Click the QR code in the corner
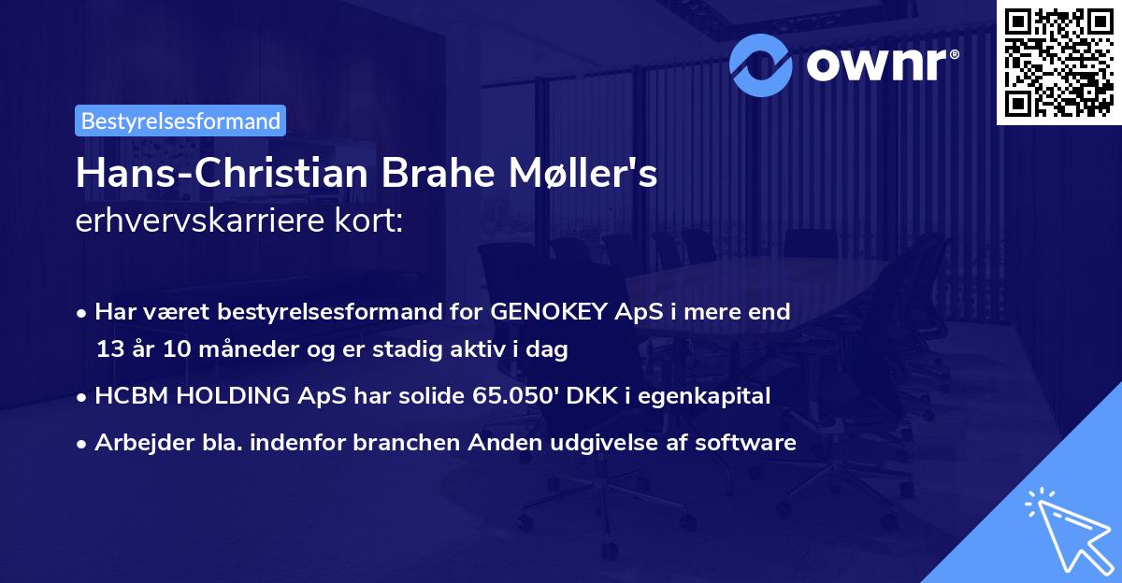pos(1059,62)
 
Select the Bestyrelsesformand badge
pos(180,121)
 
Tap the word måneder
pos(216,350)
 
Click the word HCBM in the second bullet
pos(125,395)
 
